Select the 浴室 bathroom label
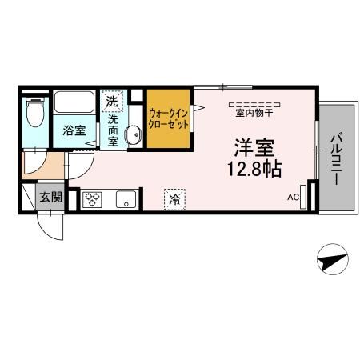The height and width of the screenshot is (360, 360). coord(74,130)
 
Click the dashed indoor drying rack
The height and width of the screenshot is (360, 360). coord(254,104)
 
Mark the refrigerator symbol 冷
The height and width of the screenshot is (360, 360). coord(173,198)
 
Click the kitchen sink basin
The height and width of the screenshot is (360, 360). coord(126,199)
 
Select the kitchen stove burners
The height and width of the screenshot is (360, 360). coord(92,199)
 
